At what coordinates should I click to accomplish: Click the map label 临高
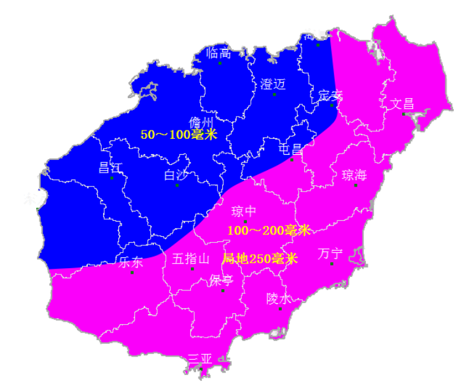tap(218, 53)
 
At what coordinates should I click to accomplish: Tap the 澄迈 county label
tap(273, 84)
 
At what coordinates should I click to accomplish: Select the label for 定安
tap(330, 96)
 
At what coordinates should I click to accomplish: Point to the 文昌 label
tap(402, 103)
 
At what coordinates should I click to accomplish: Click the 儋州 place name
tap(201, 122)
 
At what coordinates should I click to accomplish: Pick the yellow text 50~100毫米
tap(179, 134)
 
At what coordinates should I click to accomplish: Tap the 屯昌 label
tap(291, 149)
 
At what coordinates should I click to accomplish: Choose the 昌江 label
tap(110, 167)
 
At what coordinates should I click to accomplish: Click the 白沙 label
tap(176, 174)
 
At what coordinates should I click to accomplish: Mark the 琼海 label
tap(354, 175)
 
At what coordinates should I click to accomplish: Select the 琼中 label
tap(244, 211)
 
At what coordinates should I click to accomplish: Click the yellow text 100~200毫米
tap(269, 230)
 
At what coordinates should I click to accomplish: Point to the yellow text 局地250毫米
tap(260, 259)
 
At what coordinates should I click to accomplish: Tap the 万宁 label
tap(330, 253)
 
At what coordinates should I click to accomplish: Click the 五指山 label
tap(191, 259)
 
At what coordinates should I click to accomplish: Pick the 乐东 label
tap(131, 262)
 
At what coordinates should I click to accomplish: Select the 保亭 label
tap(221, 280)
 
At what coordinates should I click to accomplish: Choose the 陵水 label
tap(279, 298)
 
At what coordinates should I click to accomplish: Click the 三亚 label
tap(200, 359)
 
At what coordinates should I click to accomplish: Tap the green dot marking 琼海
tap(356, 185)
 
